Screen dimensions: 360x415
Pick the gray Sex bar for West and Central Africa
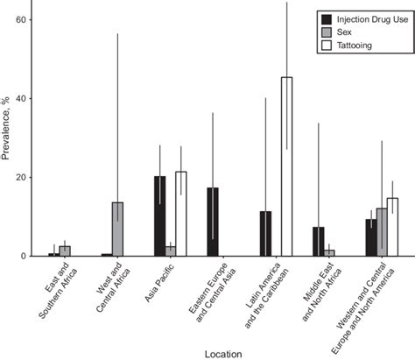pyautogui.click(x=117, y=229)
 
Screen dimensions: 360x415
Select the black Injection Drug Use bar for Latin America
pyautogui.click(x=265, y=233)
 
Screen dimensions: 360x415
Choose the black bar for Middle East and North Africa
pyautogui.click(x=318, y=241)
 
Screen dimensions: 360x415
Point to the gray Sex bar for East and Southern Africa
pyautogui.click(x=65, y=251)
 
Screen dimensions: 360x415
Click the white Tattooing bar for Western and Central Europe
pyautogui.click(x=392, y=227)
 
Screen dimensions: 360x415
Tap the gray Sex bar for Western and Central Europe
pyautogui.click(x=381, y=231)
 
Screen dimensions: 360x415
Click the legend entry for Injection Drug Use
pyautogui.click(x=368, y=18)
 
